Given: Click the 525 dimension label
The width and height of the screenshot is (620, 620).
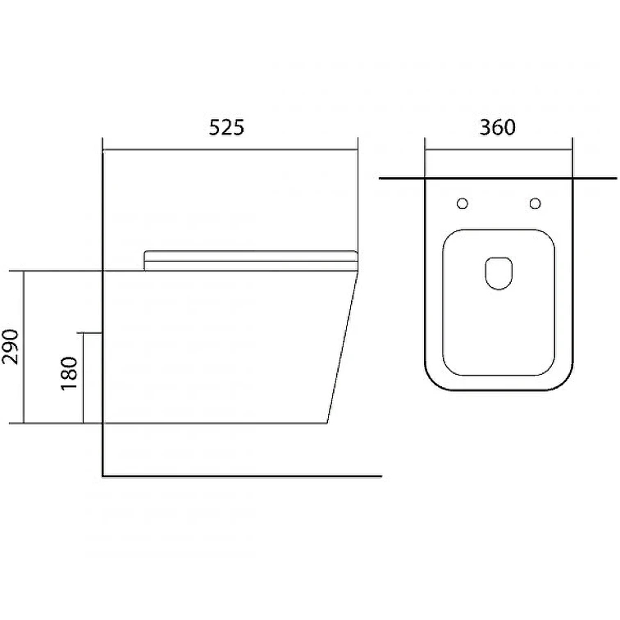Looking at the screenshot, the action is pos(226,127).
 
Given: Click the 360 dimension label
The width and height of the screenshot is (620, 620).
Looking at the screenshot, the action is pos(498,127).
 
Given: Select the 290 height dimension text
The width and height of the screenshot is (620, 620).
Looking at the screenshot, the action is pos(11,347).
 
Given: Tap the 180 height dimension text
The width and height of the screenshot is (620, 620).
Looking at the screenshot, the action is pos(69,374).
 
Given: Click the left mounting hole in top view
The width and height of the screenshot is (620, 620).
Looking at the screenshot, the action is pos(463,203).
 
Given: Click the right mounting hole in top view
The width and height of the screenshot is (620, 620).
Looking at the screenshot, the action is pos(535,203).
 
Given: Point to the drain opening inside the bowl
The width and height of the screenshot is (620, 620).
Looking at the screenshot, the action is pos(499,273).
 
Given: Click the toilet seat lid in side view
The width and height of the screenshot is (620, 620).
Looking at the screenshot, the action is pos(251,261).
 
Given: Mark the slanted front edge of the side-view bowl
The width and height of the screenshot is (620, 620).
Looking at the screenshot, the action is pos(343,347).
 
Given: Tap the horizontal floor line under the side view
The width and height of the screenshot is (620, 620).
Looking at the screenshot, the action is pos(242,476).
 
